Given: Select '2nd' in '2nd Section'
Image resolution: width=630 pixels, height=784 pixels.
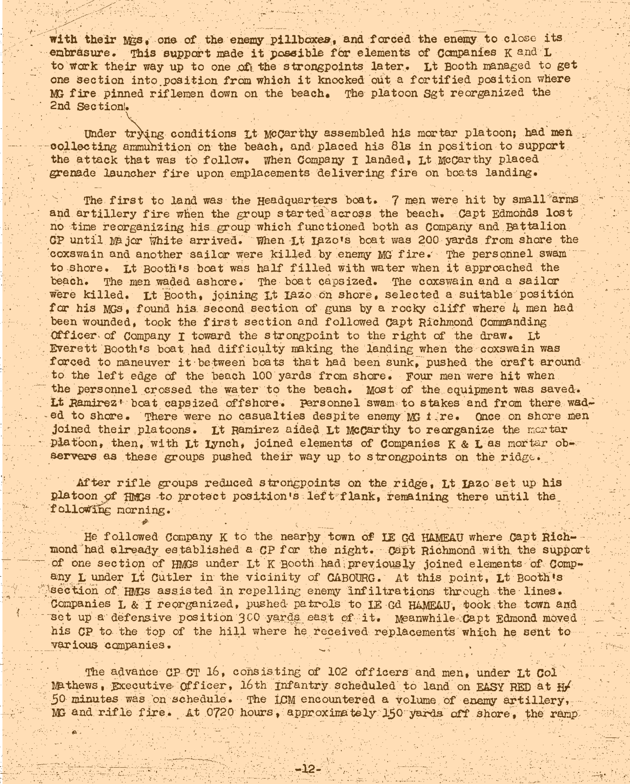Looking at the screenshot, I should click(59, 106).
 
